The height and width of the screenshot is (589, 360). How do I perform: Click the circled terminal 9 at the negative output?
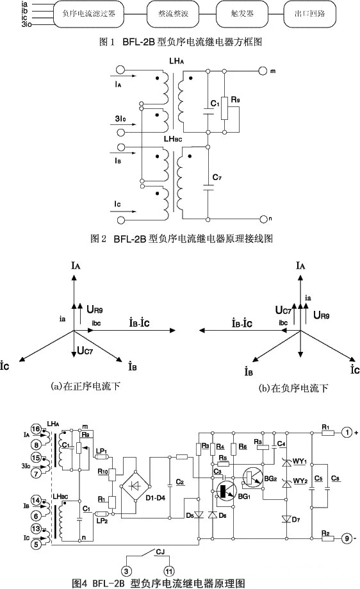click(345, 538)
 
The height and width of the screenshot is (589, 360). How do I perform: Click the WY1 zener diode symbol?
click(285, 463)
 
